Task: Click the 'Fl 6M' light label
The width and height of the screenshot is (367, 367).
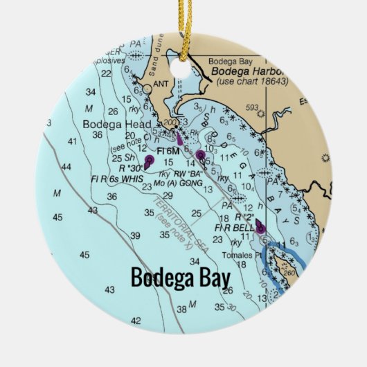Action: (x=168, y=151)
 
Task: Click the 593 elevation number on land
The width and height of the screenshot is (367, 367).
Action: (x=252, y=107)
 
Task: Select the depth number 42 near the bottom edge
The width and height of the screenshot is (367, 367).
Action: (x=136, y=320)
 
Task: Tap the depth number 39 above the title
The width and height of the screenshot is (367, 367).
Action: (x=136, y=235)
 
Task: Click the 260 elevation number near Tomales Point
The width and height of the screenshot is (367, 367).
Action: (x=289, y=271)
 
